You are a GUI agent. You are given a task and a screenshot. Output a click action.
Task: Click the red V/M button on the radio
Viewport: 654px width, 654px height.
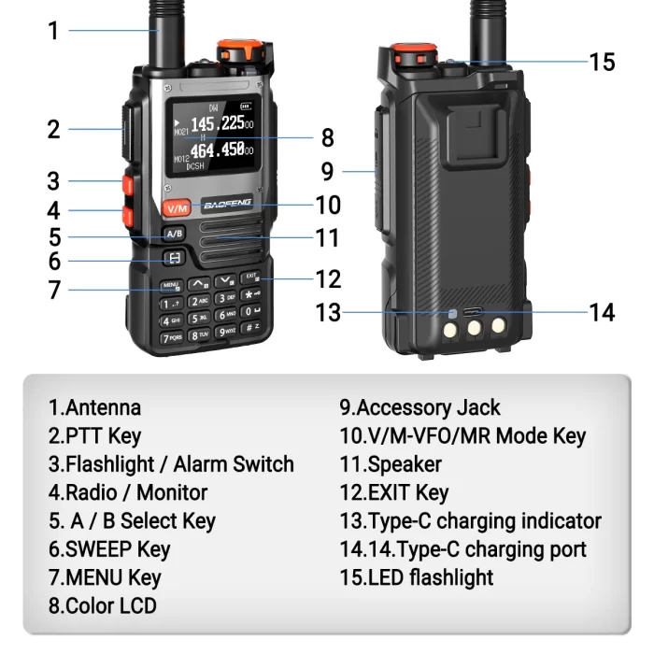(x=176, y=207)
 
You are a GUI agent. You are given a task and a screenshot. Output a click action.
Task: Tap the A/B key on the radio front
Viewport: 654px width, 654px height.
(x=174, y=234)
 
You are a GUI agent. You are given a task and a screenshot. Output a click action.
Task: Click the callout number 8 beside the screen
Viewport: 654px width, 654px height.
(x=327, y=138)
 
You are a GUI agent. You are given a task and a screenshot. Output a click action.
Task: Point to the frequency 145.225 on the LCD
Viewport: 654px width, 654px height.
(x=219, y=124)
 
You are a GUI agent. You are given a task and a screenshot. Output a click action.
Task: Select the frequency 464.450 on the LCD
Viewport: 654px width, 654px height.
(x=219, y=150)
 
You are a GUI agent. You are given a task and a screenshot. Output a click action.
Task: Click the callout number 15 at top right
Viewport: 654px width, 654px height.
(x=603, y=62)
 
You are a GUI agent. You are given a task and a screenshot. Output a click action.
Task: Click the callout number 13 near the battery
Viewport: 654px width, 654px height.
(x=328, y=313)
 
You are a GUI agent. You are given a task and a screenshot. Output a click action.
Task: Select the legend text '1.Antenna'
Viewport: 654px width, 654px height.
(x=95, y=407)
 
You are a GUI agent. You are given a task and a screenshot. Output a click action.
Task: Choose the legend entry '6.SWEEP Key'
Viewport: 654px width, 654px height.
(x=109, y=548)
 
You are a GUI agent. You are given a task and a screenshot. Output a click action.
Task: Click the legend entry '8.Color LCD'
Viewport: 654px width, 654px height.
(x=103, y=605)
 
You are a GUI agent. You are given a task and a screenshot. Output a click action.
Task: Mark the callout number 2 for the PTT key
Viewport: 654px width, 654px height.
(x=54, y=129)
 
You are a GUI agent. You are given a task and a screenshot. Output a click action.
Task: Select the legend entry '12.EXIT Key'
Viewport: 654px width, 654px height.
(x=394, y=492)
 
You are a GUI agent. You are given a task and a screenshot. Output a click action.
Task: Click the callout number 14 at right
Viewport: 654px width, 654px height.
(x=603, y=312)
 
